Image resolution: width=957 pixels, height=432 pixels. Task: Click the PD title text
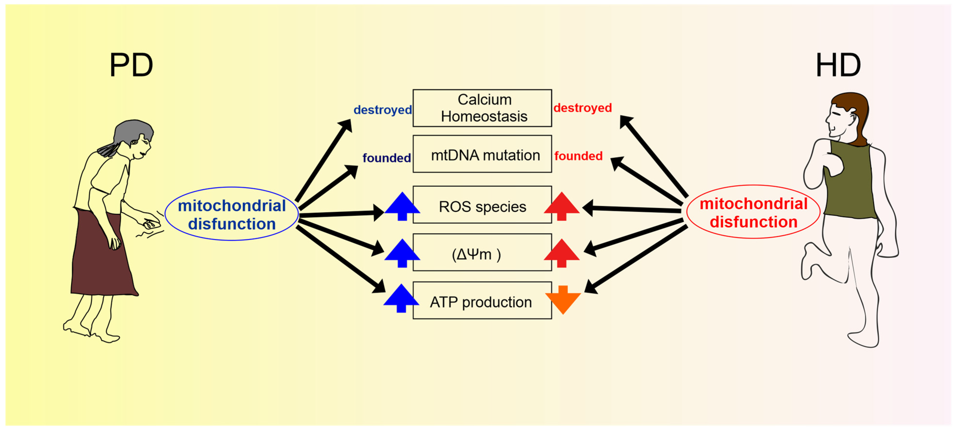click(x=131, y=65)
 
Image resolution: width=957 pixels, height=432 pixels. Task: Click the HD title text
click(x=838, y=65)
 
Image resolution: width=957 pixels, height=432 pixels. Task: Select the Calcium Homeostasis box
click(x=482, y=108)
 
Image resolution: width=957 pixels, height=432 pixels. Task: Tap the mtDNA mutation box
click(x=482, y=154)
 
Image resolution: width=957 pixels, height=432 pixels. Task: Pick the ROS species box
click(x=482, y=205)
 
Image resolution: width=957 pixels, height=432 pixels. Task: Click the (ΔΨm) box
click(x=482, y=252)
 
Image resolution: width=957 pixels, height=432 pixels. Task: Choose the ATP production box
click(x=482, y=300)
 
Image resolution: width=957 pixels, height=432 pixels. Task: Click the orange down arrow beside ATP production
click(x=563, y=299)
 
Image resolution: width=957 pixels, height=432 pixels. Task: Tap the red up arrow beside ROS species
click(x=562, y=206)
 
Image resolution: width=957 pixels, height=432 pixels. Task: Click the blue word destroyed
click(x=383, y=110)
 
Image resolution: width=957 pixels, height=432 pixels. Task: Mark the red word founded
click(x=578, y=156)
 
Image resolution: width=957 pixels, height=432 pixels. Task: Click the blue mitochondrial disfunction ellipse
click(x=231, y=214)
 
